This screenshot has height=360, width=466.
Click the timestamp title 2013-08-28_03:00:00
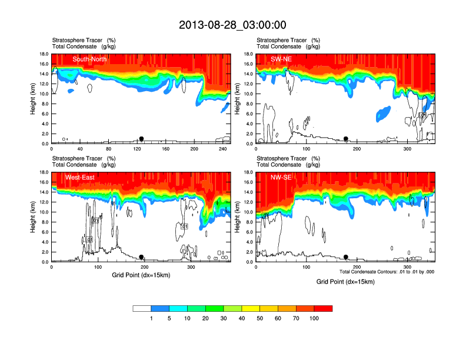pyautogui.click(x=232, y=25)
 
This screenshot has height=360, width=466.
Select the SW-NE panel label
pyautogui.click(x=281, y=59)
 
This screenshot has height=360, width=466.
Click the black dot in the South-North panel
pyautogui.click(x=141, y=139)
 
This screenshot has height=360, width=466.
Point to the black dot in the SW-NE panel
pyautogui.click(x=346, y=139)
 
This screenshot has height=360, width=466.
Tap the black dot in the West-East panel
pyautogui.click(x=141, y=257)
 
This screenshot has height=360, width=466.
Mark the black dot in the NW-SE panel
pyautogui.click(x=346, y=257)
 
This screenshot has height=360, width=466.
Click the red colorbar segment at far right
pyautogui.click(x=323, y=308)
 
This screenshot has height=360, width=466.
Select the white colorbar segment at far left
pyautogui.click(x=142, y=308)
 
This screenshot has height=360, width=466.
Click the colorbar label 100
pyautogui.click(x=314, y=318)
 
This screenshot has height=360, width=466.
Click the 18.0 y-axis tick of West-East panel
pyautogui.click(x=44, y=172)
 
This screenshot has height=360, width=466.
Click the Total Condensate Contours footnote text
pyautogui.click(x=387, y=272)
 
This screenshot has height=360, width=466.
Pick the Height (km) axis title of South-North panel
pyautogui.click(x=34, y=99)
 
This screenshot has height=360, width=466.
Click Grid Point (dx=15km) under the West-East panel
pyautogui.click(x=141, y=275)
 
